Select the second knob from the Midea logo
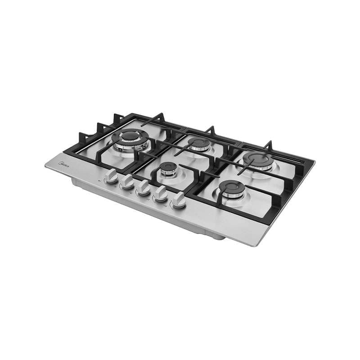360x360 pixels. (127, 182)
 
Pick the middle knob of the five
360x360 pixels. (144, 188)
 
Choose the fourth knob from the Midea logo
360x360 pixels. (161, 194)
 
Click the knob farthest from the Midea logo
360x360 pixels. (178, 200)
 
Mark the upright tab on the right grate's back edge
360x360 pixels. (268, 145)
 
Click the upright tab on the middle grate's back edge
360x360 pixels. (210, 130)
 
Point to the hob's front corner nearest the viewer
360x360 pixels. (257, 245)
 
